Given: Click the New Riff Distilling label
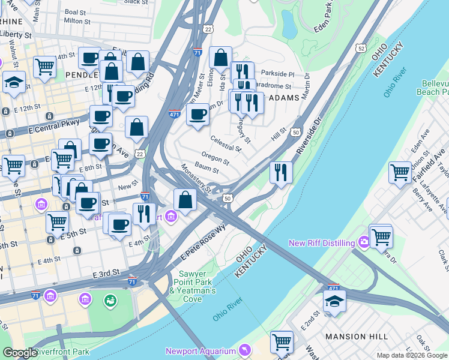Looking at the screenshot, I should click(322, 242).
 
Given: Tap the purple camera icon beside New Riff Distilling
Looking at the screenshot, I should click(363, 242).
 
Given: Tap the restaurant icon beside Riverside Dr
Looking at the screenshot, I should click(281, 173).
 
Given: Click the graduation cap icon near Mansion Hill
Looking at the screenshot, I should click(334, 301).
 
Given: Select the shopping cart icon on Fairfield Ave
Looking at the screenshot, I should click(400, 173).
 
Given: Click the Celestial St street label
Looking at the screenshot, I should click(224, 145).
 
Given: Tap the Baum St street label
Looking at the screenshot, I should click(206, 170).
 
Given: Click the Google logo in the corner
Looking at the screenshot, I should click(19, 353).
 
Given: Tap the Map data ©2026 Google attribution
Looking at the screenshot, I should click(412, 355).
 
